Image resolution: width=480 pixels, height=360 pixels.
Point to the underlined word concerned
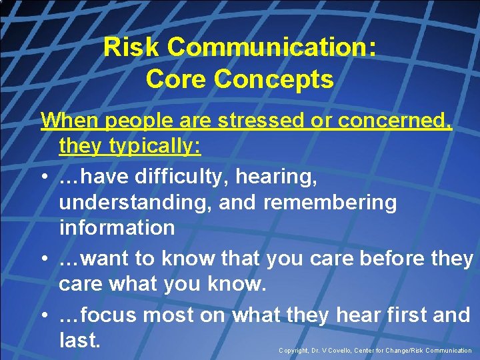click(x=395, y=121)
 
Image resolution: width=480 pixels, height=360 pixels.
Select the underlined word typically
click(x=155, y=145)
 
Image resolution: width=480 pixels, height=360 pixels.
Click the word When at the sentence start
click(x=71, y=121)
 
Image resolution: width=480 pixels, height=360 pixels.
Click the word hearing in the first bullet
click(x=279, y=177)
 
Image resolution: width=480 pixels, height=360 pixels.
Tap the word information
click(x=117, y=227)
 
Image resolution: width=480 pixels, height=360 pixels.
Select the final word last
click(x=79, y=340)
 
